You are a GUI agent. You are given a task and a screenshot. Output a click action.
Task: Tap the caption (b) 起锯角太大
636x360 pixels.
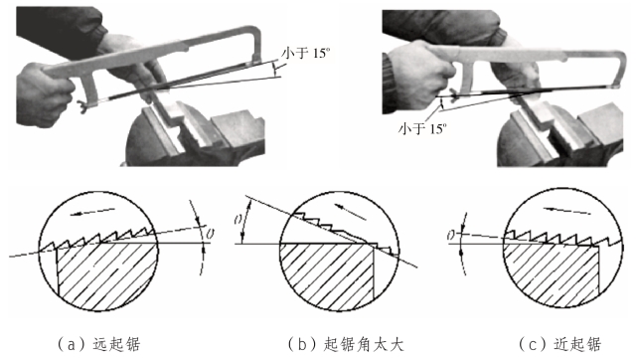pyautogui.click(x=347, y=344)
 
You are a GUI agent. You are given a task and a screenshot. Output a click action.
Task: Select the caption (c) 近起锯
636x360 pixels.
pyautogui.click(x=560, y=344)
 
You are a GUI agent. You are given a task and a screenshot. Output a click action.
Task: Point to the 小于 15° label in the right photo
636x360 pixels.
pyautogui.click(x=422, y=128)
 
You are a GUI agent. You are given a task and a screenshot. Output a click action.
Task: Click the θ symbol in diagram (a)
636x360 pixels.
pyautogui.click(x=210, y=234)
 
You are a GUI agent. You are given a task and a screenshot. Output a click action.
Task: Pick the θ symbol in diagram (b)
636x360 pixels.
pyautogui.click(x=238, y=220)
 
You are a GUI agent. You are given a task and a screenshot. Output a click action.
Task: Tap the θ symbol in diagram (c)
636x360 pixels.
pyautogui.click(x=451, y=235)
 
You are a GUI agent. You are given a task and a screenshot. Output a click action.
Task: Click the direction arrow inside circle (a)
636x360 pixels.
pyautogui.click(x=91, y=212)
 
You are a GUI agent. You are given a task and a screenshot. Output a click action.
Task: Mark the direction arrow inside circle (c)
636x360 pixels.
pyautogui.click(x=566, y=211)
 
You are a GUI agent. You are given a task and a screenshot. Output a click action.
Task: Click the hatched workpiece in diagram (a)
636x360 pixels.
pyautogui.click(x=106, y=273)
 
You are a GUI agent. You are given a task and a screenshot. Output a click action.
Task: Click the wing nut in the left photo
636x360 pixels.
pyautogui.click(x=83, y=106)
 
